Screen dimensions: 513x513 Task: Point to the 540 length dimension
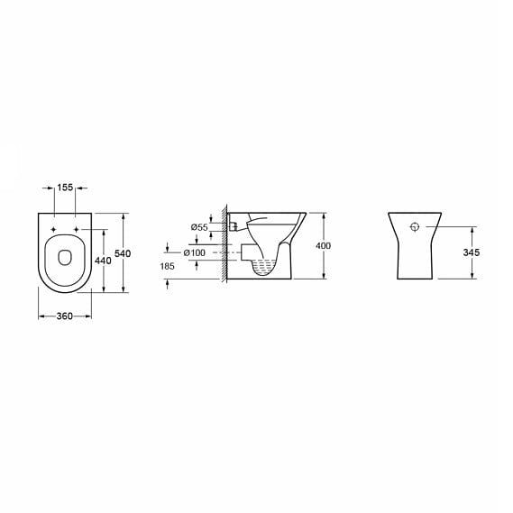tap(123, 253)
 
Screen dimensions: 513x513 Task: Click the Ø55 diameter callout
tap(198, 227)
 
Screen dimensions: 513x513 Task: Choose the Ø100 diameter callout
tap(196, 252)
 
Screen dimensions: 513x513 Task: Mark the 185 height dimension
tap(168, 267)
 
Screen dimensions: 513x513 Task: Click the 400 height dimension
tap(323, 246)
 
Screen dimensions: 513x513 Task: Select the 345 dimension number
tap(471, 253)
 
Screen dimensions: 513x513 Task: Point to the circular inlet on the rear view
tap(415, 226)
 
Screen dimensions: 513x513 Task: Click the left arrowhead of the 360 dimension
tap(41, 316)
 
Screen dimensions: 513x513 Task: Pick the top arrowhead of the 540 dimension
tap(123, 215)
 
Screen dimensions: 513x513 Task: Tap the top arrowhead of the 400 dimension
tap(323, 215)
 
